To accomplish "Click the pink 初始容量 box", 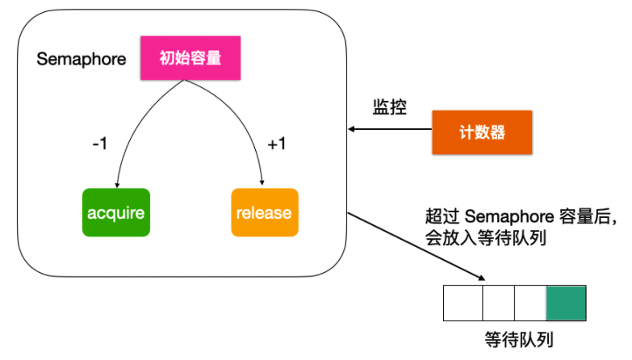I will (x=190, y=57).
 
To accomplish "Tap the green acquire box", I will (x=116, y=212).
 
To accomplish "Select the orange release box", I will (x=264, y=212).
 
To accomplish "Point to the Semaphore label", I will (x=82, y=60).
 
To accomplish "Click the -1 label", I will (x=101, y=144).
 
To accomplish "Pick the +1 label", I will (x=277, y=144).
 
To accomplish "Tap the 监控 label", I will (x=389, y=107).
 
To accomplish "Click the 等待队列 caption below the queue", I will (x=514, y=337).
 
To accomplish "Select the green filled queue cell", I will (x=566, y=303).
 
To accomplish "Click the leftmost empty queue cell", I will (x=463, y=303).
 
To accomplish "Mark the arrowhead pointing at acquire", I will (x=118, y=185).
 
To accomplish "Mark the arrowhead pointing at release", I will (x=263, y=185).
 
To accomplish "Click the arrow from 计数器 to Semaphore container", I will (x=391, y=128).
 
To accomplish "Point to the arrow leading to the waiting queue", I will (x=416, y=246).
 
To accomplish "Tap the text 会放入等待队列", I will (x=482, y=239).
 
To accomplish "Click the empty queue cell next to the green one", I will (x=529, y=303).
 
